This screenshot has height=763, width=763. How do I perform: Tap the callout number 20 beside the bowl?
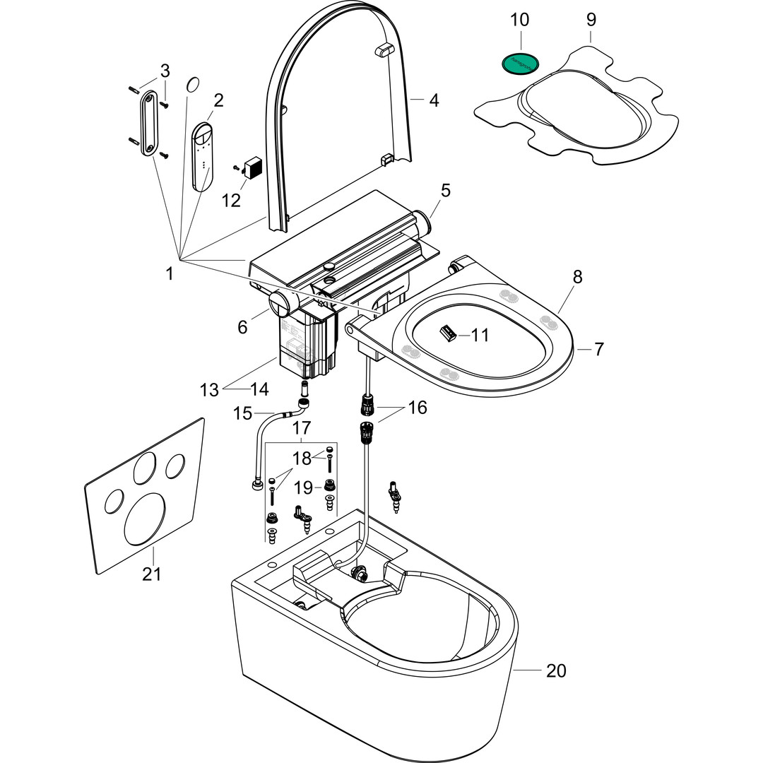click(x=556, y=670)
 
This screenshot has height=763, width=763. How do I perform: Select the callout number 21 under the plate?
click(x=151, y=574)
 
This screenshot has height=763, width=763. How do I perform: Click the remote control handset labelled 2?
click(x=204, y=155)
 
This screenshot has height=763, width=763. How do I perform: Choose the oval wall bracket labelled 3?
click(x=149, y=122)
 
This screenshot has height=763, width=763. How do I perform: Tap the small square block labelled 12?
click(x=252, y=169)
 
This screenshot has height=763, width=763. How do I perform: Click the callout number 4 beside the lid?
click(x=434, y=101)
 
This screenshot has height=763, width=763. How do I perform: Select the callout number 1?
click(x=170, y=273)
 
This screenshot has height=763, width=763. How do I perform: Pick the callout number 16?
click(x=418, y=408)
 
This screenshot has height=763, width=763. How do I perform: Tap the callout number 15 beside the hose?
click(x=242, y=412)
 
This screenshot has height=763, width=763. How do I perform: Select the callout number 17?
click(x=302, y=427)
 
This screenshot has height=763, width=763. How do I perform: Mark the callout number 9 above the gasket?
click(x=591, y=20)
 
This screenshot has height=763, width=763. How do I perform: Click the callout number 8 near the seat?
click(x=578, y=277)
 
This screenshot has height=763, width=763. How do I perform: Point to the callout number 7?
click(x=598, y=348)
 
